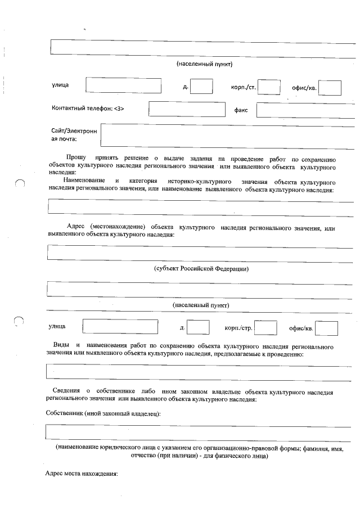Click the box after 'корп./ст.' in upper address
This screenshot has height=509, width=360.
click(x=269, y=87)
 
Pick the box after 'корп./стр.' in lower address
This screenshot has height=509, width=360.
click(x=266, y=328)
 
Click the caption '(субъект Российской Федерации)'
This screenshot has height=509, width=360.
click(x=201, y=269)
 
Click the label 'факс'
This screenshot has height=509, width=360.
click(x=241, y=110)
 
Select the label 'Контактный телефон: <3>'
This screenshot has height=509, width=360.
click(x=88, y=108)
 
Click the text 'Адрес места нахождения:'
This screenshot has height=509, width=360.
click(x=81, y=474)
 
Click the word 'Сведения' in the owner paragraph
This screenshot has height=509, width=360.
click(x=66, y=391)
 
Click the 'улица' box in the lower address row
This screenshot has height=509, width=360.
click(x=120, y=327)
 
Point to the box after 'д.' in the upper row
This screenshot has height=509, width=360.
click(x=201, y=87)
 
